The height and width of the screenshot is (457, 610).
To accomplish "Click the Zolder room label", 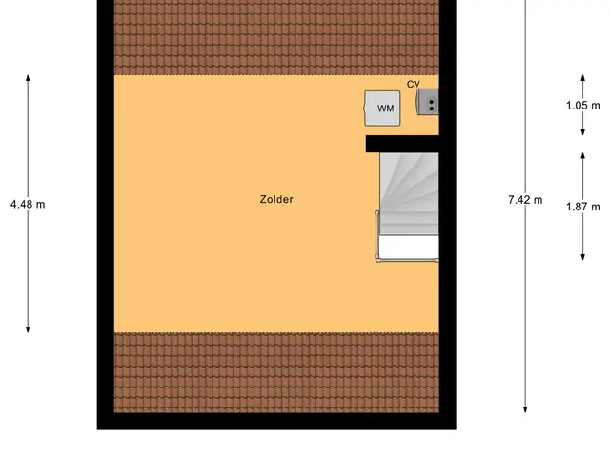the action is (x=276, y=199).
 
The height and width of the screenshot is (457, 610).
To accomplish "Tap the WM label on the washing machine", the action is (x=385, y=109).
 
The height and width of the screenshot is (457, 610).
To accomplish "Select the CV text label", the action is (x=414, y=85).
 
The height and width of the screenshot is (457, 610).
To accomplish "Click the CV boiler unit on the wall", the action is (x=427, y=102).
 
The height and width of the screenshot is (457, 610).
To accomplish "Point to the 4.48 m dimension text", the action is (x=28, y=204).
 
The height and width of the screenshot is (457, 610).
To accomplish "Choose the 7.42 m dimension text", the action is (x=525, y=200).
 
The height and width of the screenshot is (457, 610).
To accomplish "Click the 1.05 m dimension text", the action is (x=582, y=106).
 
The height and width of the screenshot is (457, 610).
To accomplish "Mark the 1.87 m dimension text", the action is (x=582, y=207).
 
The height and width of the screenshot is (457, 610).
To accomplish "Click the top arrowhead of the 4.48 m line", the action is (x=28, y=77).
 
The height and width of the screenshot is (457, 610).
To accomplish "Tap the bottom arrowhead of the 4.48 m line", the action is (x=28, y=330).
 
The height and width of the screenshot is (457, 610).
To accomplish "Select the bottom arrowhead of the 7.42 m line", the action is (x=525, y=409).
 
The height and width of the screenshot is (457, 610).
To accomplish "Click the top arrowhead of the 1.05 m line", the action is (x=582, y=77).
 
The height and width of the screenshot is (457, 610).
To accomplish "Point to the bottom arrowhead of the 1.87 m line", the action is (x=582, y=257).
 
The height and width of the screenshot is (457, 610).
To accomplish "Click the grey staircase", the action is (x=409, y=194).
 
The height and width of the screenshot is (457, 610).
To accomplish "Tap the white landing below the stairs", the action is (x=409, y=248).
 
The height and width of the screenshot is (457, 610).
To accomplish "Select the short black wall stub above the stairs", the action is (x=402, y=144).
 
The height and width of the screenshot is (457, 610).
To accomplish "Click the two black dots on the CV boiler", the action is (x=431, y=105).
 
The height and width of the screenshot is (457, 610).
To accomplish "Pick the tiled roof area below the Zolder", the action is (x=276, y=372).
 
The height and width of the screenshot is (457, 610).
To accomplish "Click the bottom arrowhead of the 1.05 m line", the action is (x=582, y=132).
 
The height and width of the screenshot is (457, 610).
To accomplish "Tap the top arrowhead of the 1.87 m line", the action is (x=582, y=155).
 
